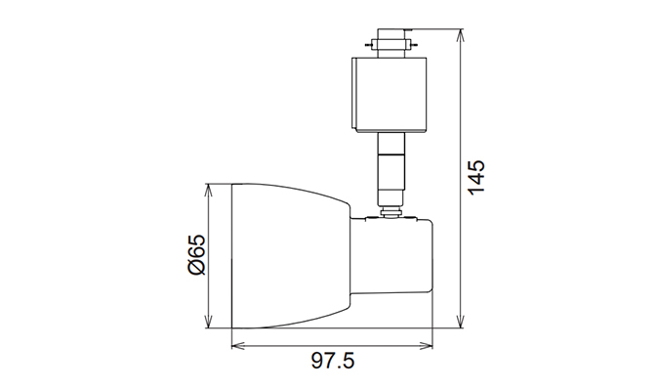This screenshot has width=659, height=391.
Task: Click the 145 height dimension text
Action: [x=475, y=177]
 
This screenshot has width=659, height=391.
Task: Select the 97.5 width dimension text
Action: [x=333, y=362]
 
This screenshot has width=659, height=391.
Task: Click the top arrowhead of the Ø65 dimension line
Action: [x=209, y=190]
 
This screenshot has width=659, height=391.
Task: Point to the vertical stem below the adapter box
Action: [x=390, y=166]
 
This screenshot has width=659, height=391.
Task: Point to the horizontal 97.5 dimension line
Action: [x=332, y=344]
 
